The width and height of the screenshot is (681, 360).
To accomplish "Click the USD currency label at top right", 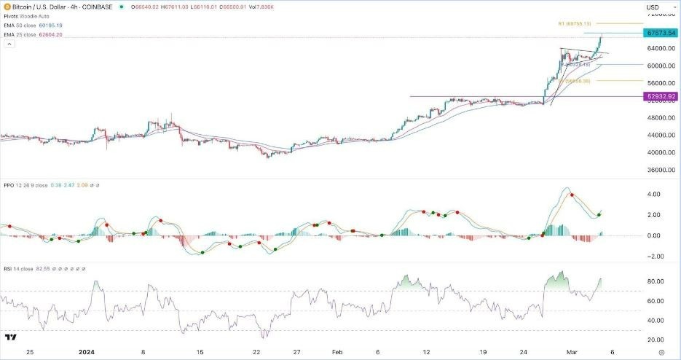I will pos(653,7).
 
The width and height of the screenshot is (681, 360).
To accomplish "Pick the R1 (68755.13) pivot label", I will pos(578,23).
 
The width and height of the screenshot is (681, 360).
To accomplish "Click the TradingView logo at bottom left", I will pos(11,338).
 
